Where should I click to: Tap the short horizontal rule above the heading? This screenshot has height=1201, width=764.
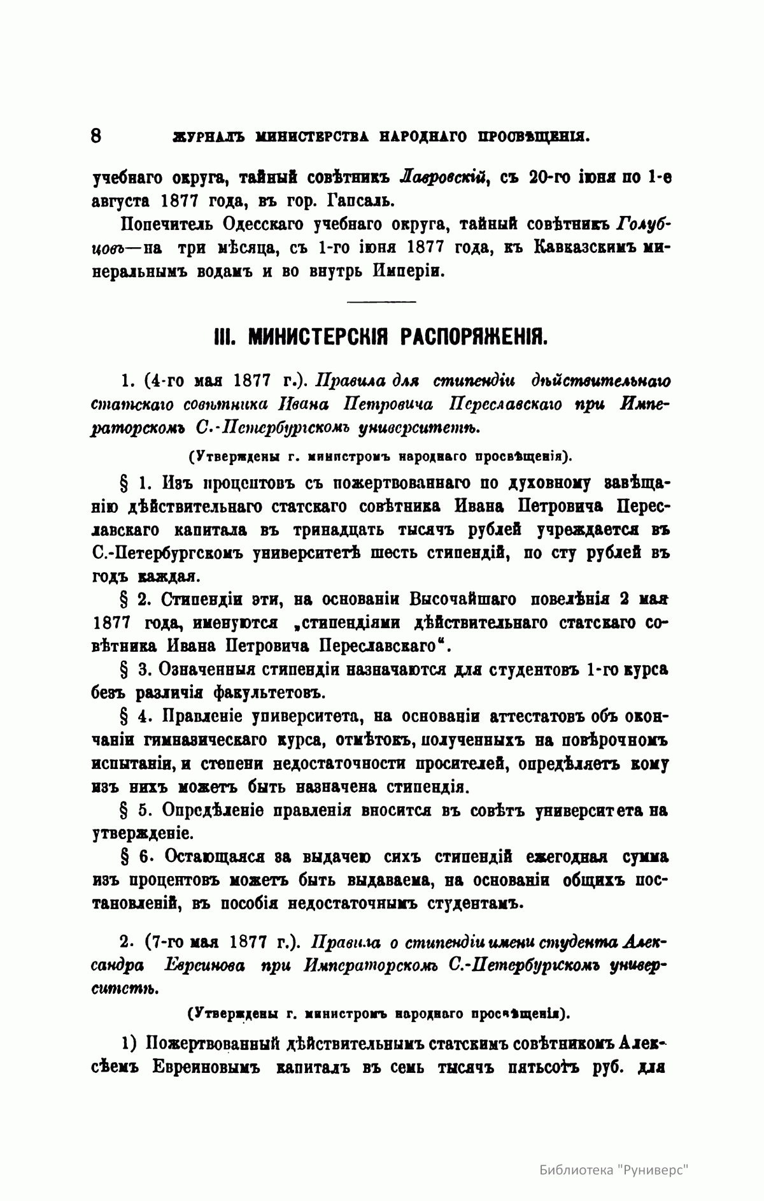point(381,301)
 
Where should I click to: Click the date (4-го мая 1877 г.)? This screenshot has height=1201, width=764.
point(215,381)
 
